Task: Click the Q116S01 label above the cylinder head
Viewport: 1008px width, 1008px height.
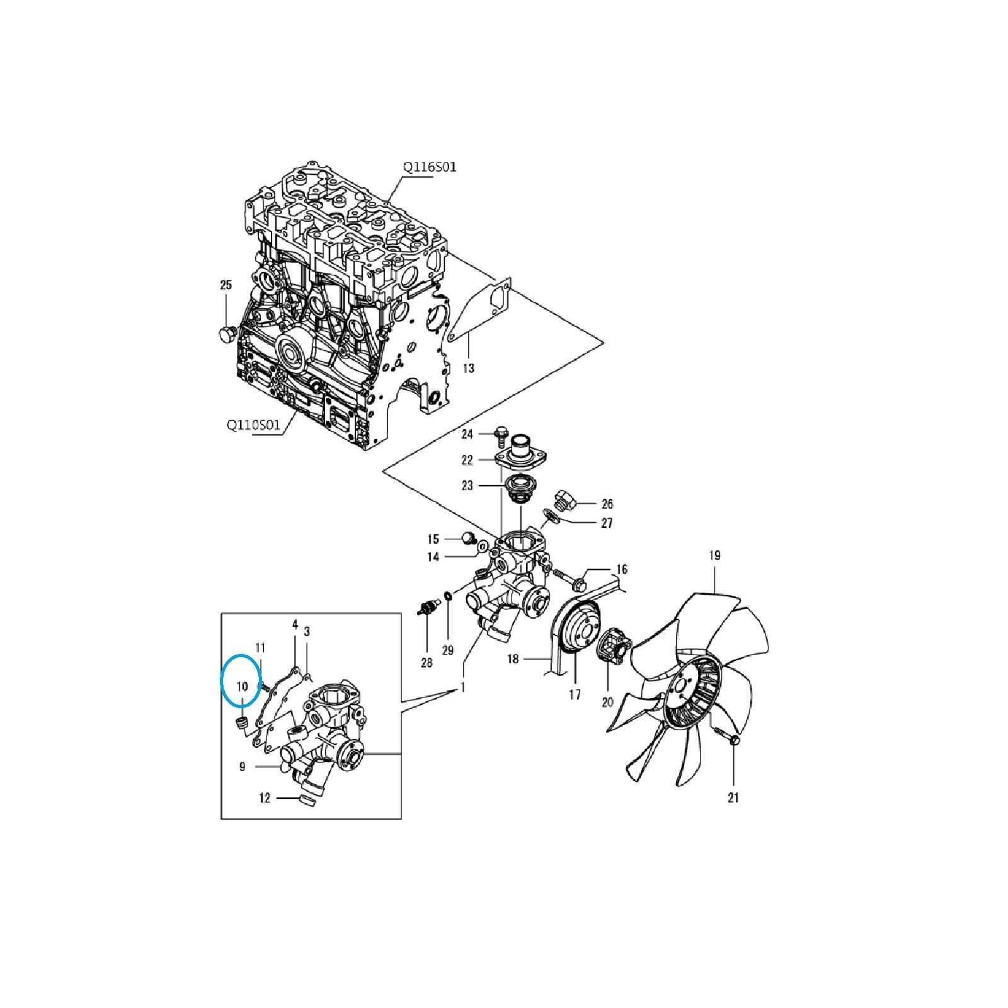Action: (x=430, y=167)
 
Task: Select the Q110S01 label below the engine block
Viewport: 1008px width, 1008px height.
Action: (x=253, y=425)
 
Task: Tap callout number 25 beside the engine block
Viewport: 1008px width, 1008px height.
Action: (x=226, y=285)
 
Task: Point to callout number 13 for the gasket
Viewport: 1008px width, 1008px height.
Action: (x=469, y=368)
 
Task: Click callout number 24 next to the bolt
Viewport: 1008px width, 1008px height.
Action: (x=467, y=434)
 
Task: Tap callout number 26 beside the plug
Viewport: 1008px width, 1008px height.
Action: (x=607, y=504)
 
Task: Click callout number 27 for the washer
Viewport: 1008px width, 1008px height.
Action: (x=607, y=523)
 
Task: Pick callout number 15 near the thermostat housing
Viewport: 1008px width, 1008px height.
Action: (x=433, y=539)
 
